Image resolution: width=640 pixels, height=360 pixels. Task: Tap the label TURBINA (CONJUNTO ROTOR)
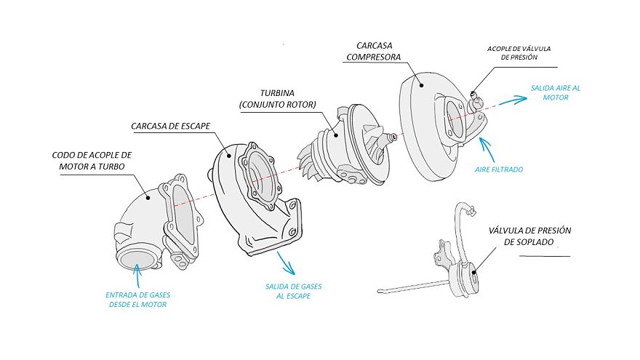[x=277, y=99]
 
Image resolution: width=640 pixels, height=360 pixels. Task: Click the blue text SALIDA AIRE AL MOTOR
[x=556, y=92]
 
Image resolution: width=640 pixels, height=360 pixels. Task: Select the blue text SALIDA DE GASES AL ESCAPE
[x=293, y=291]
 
